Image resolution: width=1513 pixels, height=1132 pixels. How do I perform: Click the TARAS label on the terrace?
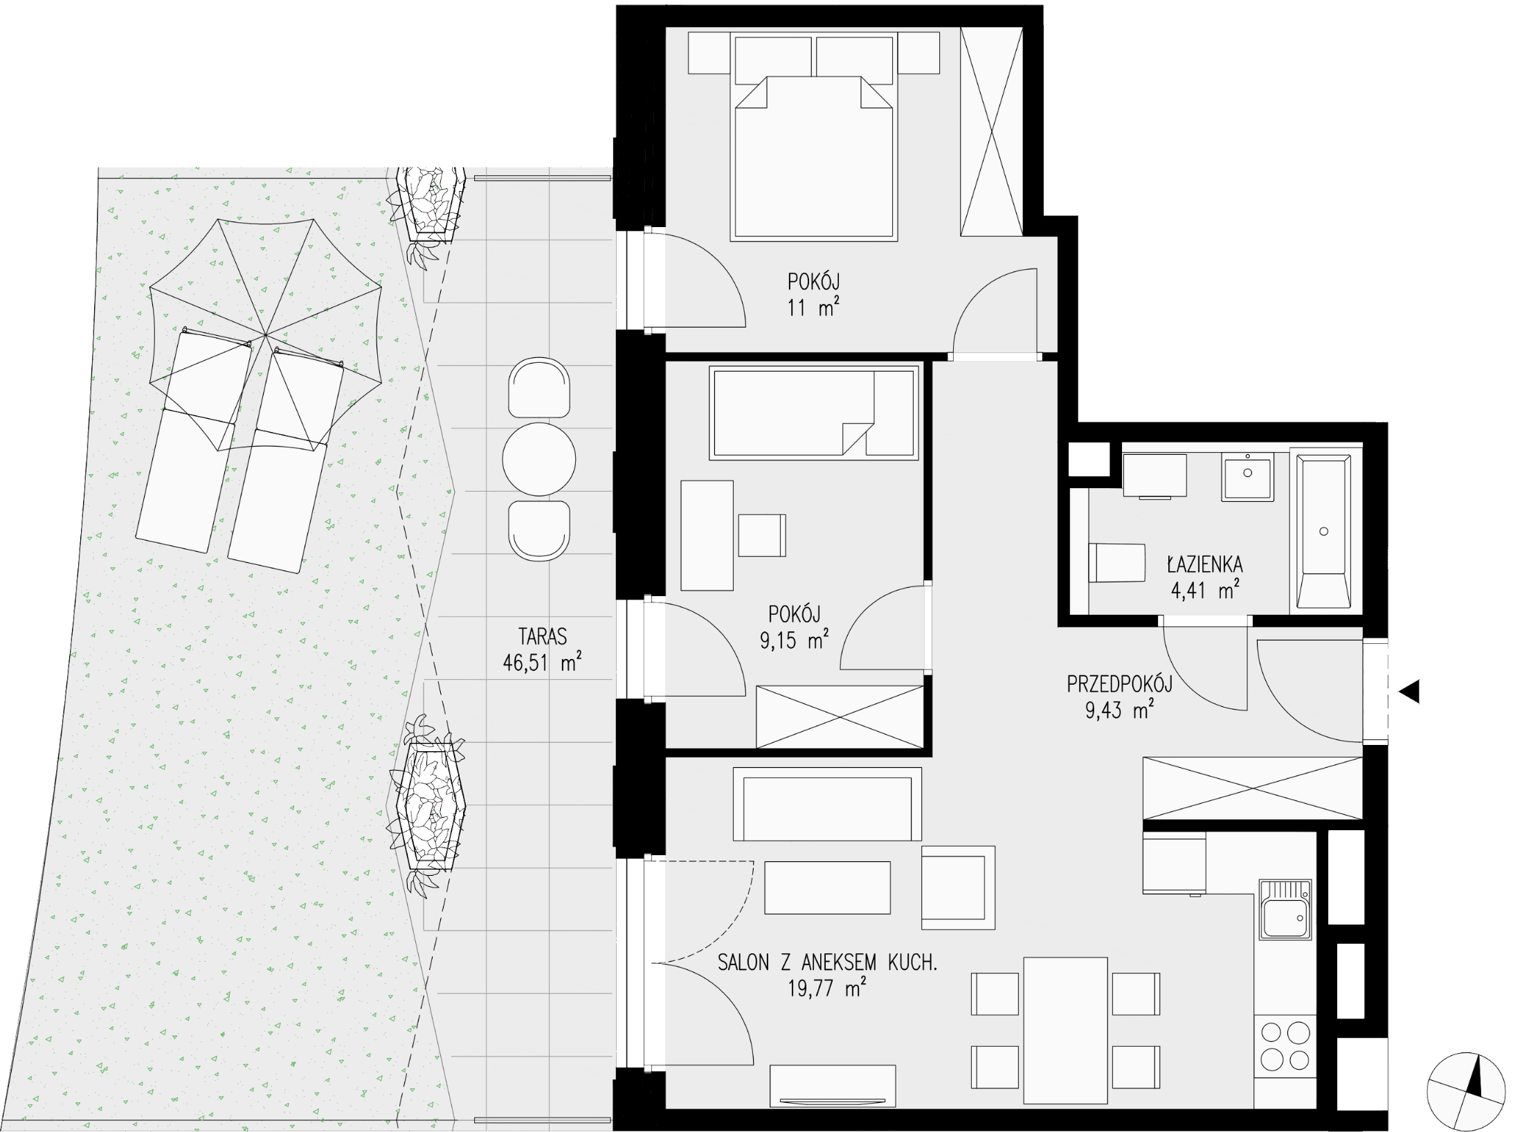pos(542,636)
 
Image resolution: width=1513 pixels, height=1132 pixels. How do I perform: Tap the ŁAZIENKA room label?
pos(1205,564)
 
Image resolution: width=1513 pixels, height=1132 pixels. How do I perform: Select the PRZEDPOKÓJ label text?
pos(1119,685)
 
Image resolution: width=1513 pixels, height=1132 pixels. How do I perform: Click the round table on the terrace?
pos(539,459)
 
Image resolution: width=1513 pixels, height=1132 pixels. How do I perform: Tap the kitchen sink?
pos(1285,910)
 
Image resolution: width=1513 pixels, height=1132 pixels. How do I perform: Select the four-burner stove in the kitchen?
pos(1285,1046)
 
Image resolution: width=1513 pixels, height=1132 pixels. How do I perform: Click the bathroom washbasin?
pos(1247,476)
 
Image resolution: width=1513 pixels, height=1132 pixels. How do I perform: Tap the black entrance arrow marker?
pos(1410,691)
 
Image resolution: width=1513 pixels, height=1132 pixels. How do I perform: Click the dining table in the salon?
pos(1066,1030)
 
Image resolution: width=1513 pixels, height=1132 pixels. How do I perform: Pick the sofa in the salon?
pos(827,804)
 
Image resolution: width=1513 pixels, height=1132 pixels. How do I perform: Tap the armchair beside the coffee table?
pos(958,888)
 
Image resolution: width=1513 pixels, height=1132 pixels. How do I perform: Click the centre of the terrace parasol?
pos(266,335)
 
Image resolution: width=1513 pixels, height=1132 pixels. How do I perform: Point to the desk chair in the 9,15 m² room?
pos(762,535)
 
